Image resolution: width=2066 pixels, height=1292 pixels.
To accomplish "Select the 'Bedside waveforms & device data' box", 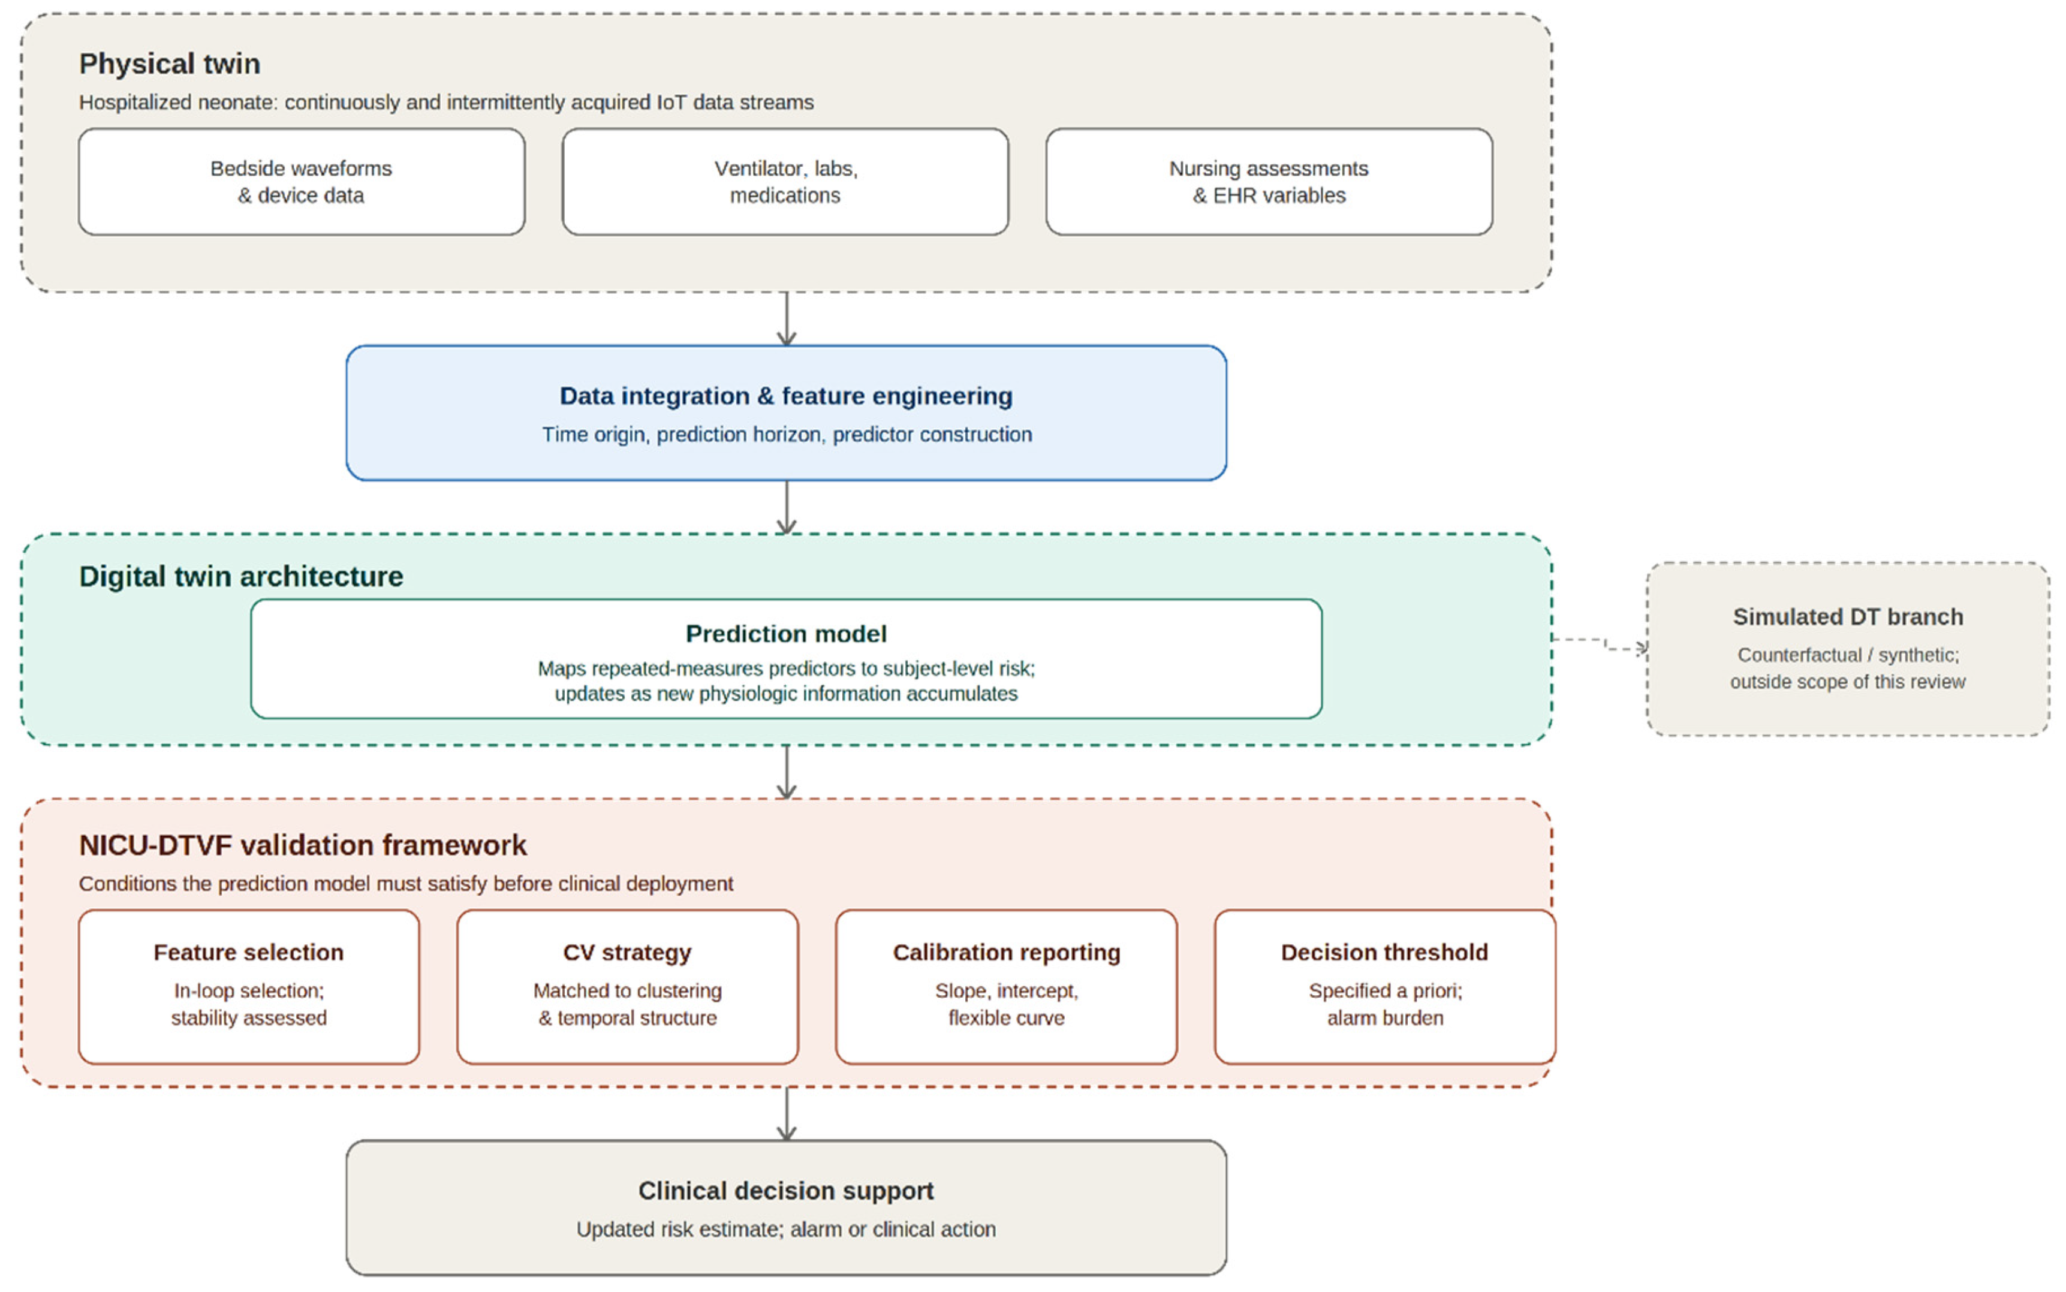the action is pyautogui.click(x=302, y=182).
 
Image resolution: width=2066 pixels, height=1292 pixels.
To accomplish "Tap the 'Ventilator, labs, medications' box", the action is pyautogui.click(x=785, y=182).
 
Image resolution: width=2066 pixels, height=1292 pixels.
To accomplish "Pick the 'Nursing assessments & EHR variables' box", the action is pyautogui.click(x=1269, y=182).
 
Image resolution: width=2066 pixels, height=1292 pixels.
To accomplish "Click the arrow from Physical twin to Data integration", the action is pyautogui.click(x=786, y=319).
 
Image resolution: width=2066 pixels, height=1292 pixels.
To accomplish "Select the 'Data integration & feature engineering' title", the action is pyautogui.click(x=786, y=396).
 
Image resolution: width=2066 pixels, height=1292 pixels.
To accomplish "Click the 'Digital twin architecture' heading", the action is pyautogui.click(x=241, y=577).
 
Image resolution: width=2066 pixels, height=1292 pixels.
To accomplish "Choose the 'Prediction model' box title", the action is pyautogui.click(x=786, y=634).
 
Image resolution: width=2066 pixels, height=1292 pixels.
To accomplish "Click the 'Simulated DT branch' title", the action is pyautogui.click(x=1847, y=617).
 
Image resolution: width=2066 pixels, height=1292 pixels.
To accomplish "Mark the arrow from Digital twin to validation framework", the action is pyautogui.click(x=786, y=772).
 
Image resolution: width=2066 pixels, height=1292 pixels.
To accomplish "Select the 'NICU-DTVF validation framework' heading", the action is pyautogui.click(x=303, y=845).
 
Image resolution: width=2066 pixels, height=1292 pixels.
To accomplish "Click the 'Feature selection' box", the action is pyautogui.click(x=249, y=987).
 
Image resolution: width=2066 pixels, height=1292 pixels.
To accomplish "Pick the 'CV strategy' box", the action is pyautogui.click(x=627, y=987).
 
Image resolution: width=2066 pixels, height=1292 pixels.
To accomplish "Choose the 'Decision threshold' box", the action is pyautogui.click(x=1384, y=987).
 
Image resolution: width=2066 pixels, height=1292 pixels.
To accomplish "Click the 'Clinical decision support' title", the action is pyautogui.click(x=786, y=1191).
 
